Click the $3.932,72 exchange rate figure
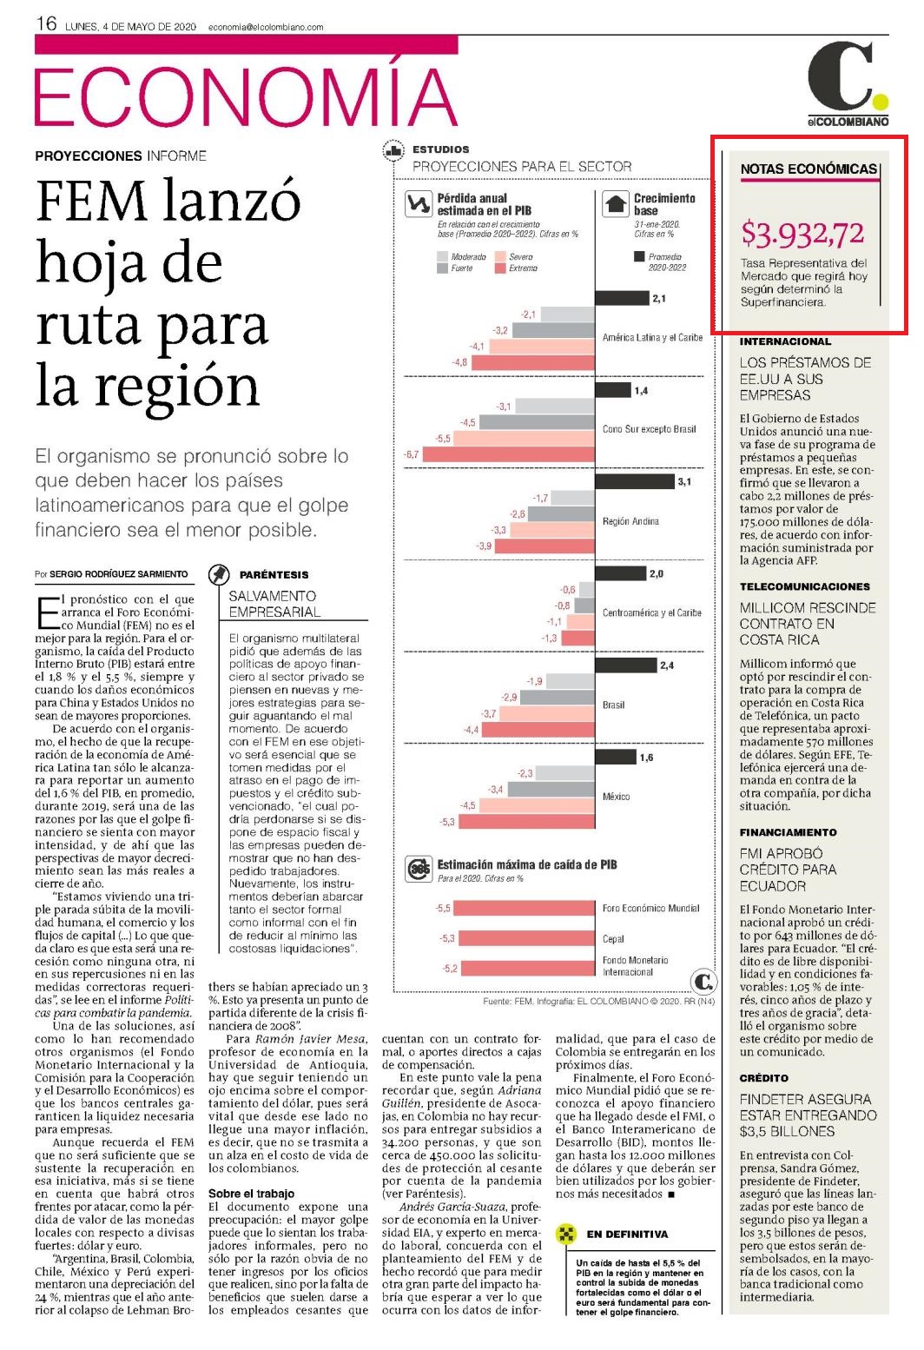coord(802,234)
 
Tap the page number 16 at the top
coord(46,24)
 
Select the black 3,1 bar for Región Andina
coord(634,481)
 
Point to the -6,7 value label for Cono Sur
coord(412,454)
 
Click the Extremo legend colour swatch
coord(499,268)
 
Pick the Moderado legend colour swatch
coord(442,257)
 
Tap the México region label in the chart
coord(617,796)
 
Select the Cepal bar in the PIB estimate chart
coord(527,938)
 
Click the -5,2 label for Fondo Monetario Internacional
coord(450,969)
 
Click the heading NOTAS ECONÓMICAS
coord(808,169)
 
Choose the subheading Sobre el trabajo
coord(251,1194)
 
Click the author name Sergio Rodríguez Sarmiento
coord(119,573)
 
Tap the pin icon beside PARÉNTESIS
coord(219,574)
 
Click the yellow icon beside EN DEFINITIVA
coord(565,1234)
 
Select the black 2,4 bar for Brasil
coord(626,665)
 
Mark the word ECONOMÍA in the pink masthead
coord(246,96)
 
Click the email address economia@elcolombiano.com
coord(266,27)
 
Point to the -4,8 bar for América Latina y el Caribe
coord(533,363)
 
